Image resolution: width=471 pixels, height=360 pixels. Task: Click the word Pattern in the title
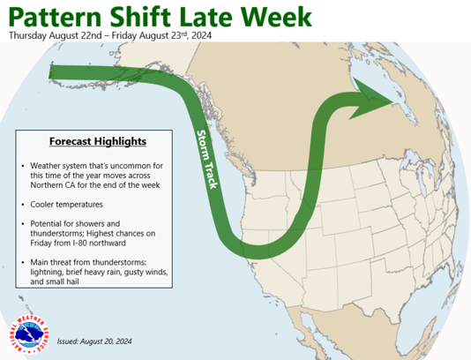pyautogui.click(x=56, y=17)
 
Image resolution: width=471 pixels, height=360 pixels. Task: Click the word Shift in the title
pyautogui.click(x=140, y=17)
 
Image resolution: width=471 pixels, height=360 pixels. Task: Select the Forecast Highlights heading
pyautogui.click(x=98, y=141)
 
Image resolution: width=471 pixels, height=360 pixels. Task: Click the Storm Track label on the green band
pyautogui.click(x=206, y=160)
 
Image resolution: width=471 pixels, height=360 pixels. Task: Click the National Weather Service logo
pyautogui.click(x=29, y=334)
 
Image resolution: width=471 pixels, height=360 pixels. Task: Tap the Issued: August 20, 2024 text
pyautogui.click(x=94, y=341)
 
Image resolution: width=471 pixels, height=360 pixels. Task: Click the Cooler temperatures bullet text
pyautogui.click(x=66, y=205)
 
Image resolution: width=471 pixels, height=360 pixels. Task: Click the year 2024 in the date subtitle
pyautogui.click(x=202, y=35)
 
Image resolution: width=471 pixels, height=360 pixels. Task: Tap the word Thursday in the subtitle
pyautogui.click(x=27, y=35)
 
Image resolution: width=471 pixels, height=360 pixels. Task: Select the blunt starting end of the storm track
pyautogui.click(x=50, y=71)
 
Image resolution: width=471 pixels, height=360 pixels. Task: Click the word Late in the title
pyautogui.click(x=206, y=17)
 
